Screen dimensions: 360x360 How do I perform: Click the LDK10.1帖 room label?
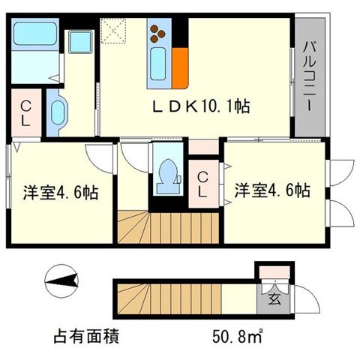201,106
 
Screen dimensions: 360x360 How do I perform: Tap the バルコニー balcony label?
310,77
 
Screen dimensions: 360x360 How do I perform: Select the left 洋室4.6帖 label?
61,192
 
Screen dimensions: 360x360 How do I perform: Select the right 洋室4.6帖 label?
272,190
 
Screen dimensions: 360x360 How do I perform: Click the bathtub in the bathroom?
35,34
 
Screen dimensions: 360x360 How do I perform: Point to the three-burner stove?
157,33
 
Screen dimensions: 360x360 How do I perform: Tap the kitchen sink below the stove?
157,64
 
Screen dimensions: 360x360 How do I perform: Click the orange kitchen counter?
180,68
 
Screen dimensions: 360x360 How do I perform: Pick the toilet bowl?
168,176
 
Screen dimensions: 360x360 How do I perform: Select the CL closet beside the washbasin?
25,112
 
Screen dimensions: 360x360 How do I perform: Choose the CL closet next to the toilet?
203,184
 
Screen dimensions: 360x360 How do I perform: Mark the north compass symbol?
61,281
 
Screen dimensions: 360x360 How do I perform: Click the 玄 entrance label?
274,299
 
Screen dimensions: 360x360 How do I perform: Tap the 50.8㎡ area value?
238,336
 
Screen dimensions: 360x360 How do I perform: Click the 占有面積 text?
86,336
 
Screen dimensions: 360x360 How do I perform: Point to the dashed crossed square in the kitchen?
113,31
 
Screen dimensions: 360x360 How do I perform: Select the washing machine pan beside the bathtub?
80,42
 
